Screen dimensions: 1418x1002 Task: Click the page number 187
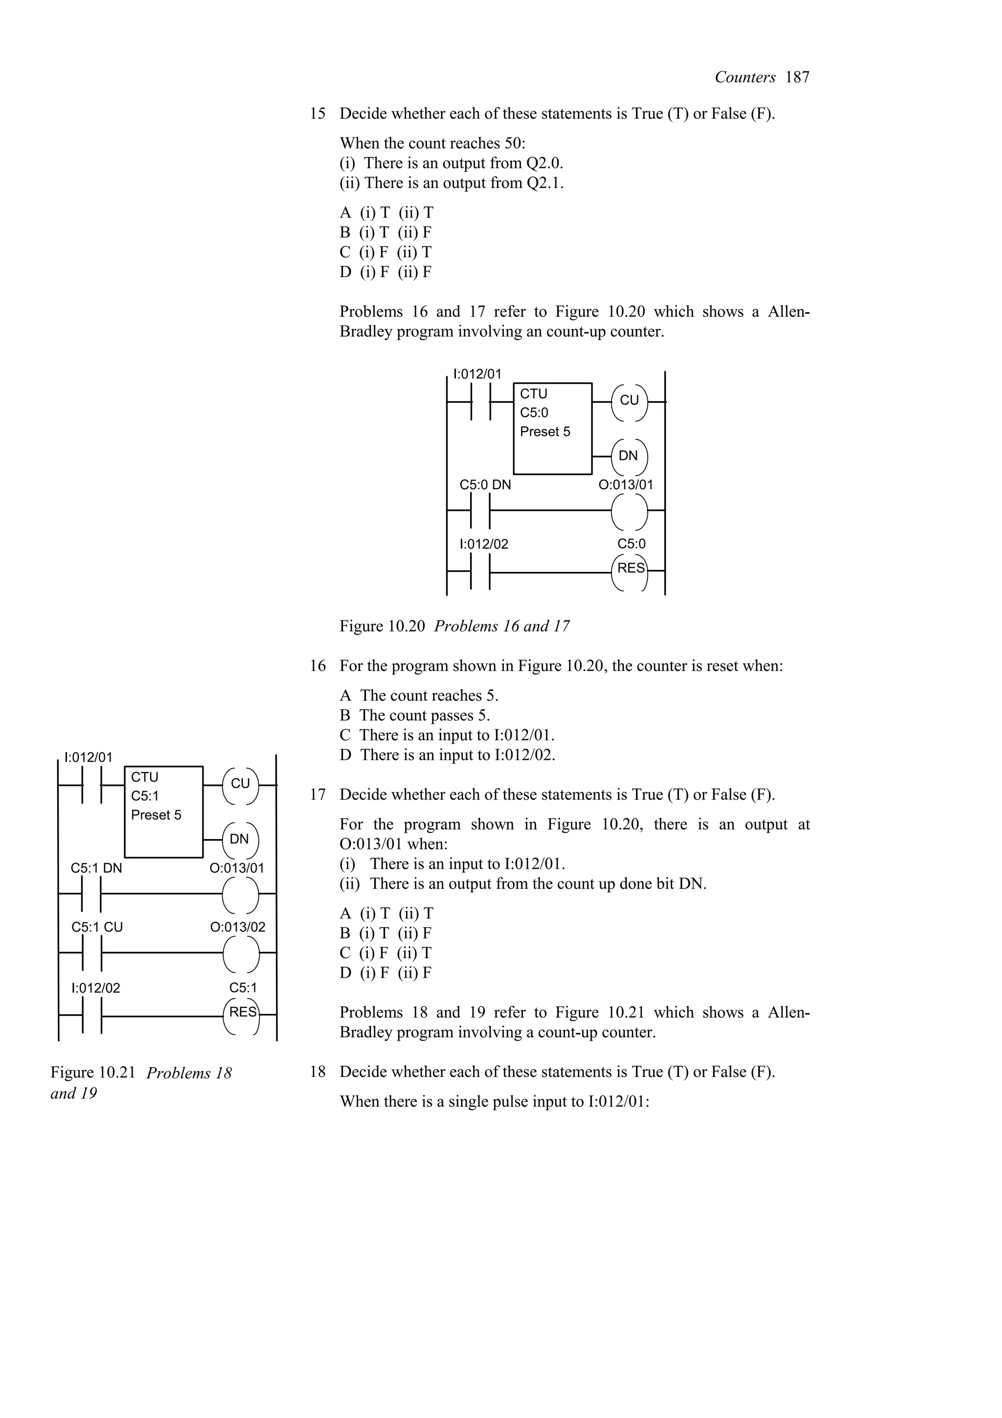point(797,77)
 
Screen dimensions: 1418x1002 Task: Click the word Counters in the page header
point(745,77)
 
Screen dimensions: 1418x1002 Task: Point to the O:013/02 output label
point(237,927)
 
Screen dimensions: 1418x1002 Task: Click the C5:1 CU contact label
point(97,927)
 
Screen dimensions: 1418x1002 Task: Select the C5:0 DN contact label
point(485,485)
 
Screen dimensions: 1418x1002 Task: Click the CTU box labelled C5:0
point(552,429)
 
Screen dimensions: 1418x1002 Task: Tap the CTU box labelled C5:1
point(163,812)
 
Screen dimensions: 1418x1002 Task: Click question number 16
point(318,666)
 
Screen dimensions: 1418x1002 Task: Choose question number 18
point(318,1072)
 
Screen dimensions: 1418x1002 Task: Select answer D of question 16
point(448,755)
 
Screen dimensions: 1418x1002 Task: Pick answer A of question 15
point(387,212)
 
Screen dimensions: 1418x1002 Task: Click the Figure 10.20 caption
point(455,626)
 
